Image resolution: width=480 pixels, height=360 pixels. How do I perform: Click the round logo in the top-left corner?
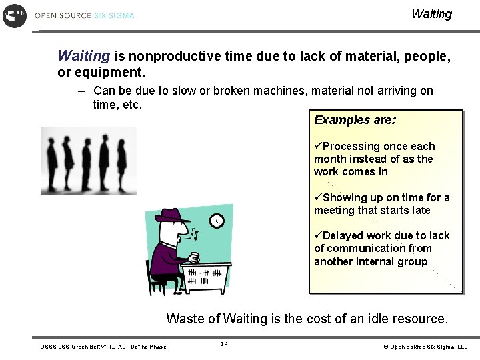pos(15,15)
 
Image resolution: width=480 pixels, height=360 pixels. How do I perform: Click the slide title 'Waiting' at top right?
pos(431,14)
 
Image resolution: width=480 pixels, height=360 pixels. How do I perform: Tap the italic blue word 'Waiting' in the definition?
pos(83,56)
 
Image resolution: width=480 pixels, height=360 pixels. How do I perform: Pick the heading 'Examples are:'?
pos(355,120)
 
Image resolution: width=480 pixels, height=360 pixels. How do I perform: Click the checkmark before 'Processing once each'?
pos(318,146)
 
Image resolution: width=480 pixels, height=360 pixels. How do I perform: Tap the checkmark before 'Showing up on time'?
pos(318,197)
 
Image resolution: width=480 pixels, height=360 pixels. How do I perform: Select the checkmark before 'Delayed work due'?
pos(318,235)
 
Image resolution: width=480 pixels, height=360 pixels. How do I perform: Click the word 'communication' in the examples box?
pos(366,249)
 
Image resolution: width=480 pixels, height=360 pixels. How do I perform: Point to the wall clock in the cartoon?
pos(217,221)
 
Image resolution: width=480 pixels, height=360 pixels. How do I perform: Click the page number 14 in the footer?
pos(224,344)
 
